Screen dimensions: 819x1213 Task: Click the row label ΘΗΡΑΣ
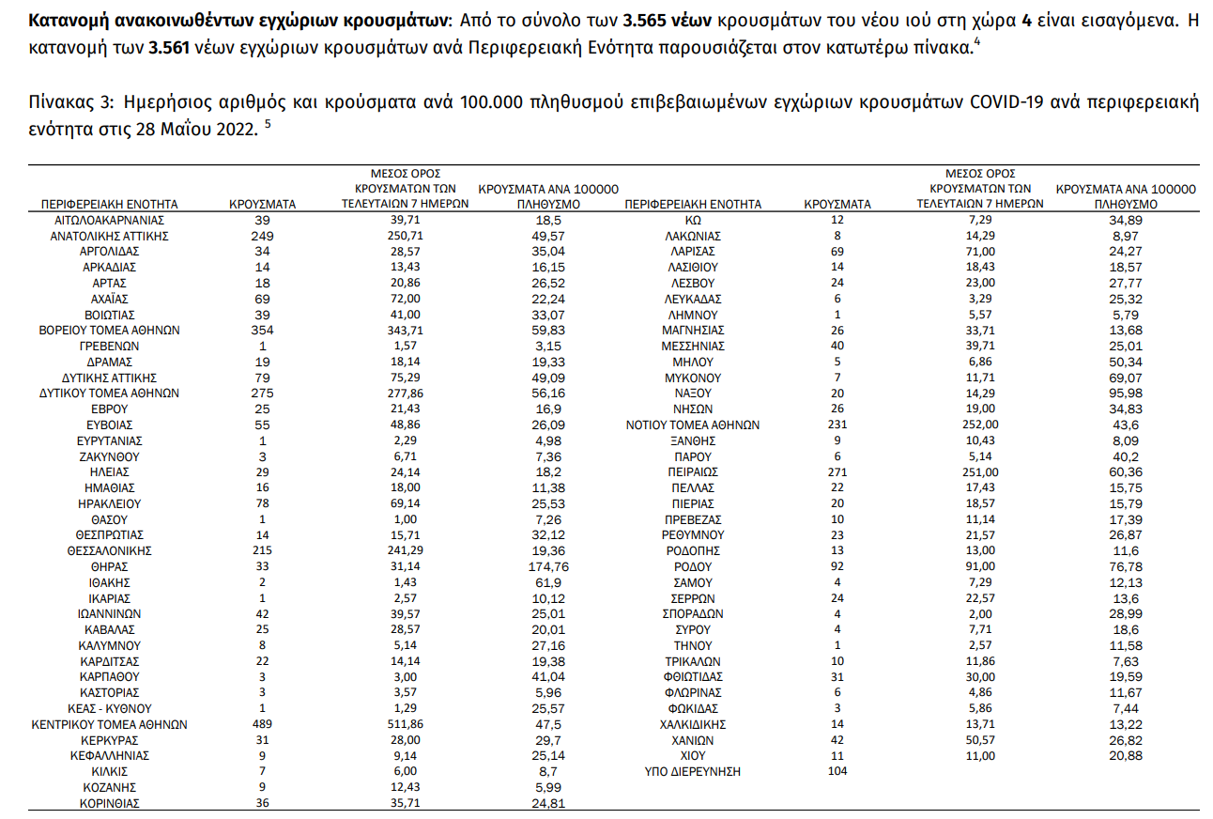coord(109,566)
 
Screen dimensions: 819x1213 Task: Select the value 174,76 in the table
coord(548,566)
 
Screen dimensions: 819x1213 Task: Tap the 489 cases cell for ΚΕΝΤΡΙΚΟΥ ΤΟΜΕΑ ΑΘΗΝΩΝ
coord(263,724)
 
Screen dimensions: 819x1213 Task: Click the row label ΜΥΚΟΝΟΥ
coord(693,378)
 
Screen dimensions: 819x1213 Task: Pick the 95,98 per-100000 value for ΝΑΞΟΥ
coord(1126,394)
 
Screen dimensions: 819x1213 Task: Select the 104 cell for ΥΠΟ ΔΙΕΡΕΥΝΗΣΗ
coord(837,771)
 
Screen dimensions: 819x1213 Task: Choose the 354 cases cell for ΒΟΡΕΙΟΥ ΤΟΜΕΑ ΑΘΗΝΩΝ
coord(263,330)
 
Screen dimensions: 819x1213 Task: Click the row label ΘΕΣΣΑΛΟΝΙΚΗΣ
coord(109,550)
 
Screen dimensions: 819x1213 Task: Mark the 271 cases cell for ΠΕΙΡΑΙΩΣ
coord(837,471)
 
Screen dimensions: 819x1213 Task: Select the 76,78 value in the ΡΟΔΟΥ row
coord(1126,566)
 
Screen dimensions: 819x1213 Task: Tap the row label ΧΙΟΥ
coord(693,755)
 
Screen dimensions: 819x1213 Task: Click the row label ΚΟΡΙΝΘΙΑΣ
coord(109,803)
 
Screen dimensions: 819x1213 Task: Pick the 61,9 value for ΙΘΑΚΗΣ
coord(548,582)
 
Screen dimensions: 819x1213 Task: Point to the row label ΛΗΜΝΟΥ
coord(693,315)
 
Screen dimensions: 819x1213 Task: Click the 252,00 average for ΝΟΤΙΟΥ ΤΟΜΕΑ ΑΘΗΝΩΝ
coord(980,425)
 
